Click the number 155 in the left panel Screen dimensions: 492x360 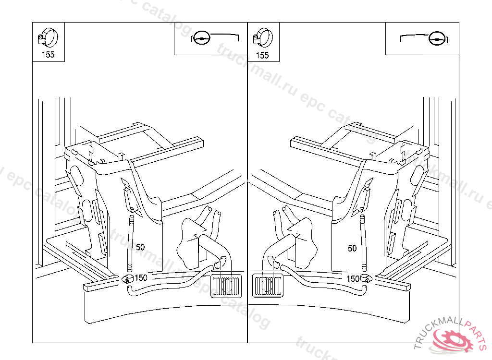pyautogui.click(x=48, y=55)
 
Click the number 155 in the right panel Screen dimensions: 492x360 pyautogui.click(x=262, y=56)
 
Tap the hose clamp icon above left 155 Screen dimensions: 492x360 pyautogui.click(x=48, y=37)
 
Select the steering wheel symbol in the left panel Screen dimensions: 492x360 pyautogui.click(x=201, y=38)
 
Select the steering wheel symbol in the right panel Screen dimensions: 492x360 pyautogui.click(x=436, y=38)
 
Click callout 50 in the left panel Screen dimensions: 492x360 pyautogui.click(x=140, y=247)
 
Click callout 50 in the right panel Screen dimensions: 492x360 pyautogui.click(x=352, y=248)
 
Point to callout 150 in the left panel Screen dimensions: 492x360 pyautogui.click(x=141, y=278)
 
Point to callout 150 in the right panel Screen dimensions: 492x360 pyautogui.click(x=353, y=279)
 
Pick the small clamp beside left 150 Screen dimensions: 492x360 pyautogui.click(x=127, y=278)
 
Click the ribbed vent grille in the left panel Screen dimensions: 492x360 pyautogui.click(x=226, y=286)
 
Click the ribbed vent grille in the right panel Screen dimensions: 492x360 pyautogui.click(x=268, y=286)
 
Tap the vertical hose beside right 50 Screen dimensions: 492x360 pyautogui.click(x=363, y=243)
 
